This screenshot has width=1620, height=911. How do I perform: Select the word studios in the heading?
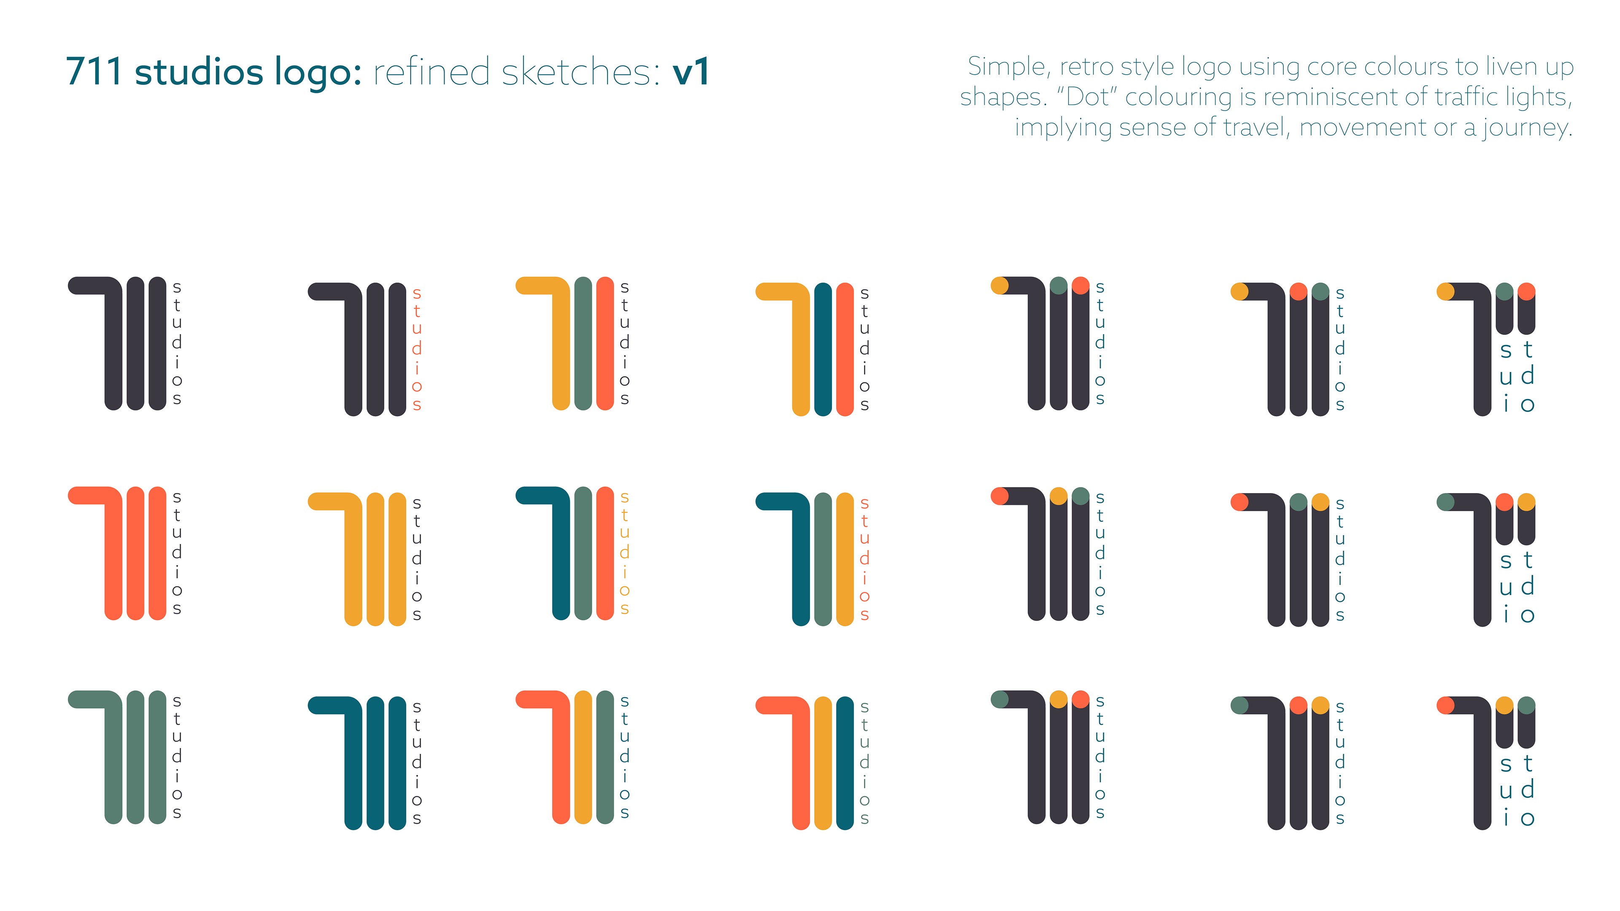pyautogui.click(x=198, y=72)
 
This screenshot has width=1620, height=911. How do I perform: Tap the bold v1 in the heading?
pyautogui.click(x=691, y=72)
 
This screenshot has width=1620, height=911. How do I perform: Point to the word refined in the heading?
pyautogui.click(x=431, y=72)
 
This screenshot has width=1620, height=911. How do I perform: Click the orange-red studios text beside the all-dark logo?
pyautogui.click(x=416, y=349)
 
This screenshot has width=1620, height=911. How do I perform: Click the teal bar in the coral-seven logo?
pyautogui.click(x=845, y=763)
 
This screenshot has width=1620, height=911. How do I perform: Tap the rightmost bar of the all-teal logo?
pyautogui.click(x=397, y=763)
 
